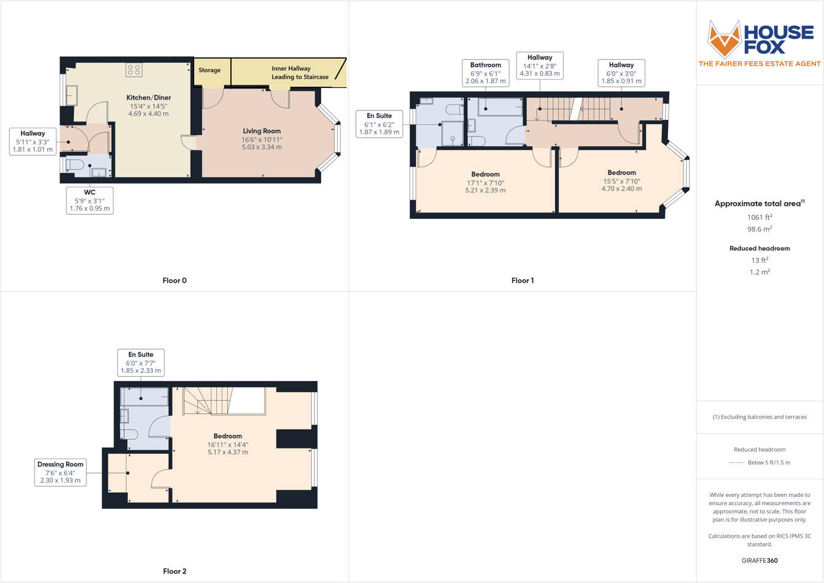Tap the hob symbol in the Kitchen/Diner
[134, 69]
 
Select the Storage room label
[209, 70]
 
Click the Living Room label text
[262, 131]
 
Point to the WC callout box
[90, 200]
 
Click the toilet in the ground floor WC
[75, 165]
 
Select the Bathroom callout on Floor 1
[485, 72]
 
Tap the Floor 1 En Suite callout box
[379, 123]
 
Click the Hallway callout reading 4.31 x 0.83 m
[540, 65]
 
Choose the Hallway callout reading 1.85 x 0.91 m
[621, 72]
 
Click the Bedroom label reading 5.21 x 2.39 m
[485, 182]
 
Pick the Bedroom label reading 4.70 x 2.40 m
[621, 181]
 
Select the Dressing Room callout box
[60, 472]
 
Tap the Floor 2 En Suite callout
[141, 362]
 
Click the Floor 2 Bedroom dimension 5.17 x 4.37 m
[228, 452]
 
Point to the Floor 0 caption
[174, 281]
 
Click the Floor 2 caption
[174, 571]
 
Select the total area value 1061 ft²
[760, 217]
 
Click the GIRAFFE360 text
[760, 560]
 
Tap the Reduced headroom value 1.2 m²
[760, 272]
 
